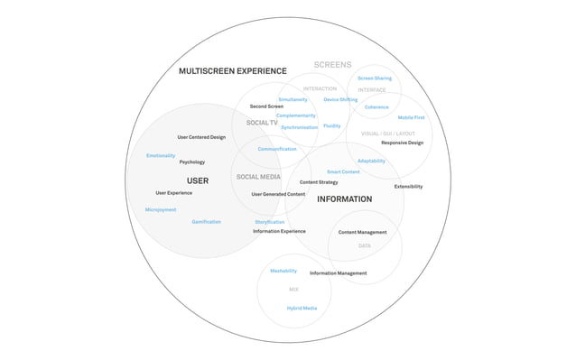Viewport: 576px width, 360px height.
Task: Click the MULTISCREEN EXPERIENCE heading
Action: click(x=232, y=71)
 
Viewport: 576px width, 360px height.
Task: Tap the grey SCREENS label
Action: click(x=332, y=65)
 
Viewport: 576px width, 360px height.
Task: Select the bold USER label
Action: click(x=198, y=180)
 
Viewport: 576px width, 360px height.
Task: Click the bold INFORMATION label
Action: click(x=344, y=199)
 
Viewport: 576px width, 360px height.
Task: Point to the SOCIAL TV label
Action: click(x=262, y=123)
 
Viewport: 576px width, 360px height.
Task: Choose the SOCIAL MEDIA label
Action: click(x=258, y=177)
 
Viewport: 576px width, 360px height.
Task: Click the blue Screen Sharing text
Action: click(x=375, y=78)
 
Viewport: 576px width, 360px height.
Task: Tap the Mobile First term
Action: click(x=411, y=117)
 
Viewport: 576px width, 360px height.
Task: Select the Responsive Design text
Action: click(x=402, y=143)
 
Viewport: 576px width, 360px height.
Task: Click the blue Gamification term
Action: click(x=206, y=222)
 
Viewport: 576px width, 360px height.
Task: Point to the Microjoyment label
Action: click(x=161, y=209)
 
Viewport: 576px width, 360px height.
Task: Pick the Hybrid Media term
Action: click(x=302, y=309)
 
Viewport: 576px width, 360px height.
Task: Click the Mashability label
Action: click(x=283, y=271)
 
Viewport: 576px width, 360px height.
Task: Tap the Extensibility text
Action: click(x=408, y=187)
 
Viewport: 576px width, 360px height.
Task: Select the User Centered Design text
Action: click(x=201, y=137)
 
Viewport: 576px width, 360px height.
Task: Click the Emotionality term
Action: click(x=161, y=156)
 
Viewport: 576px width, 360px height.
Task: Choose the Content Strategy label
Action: click(x=319, y=182)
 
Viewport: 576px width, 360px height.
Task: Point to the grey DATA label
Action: click(x=364, y=246)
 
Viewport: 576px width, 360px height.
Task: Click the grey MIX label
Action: click(x=293, y=290)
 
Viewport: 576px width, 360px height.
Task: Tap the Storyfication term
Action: click(x=269, y=222)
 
